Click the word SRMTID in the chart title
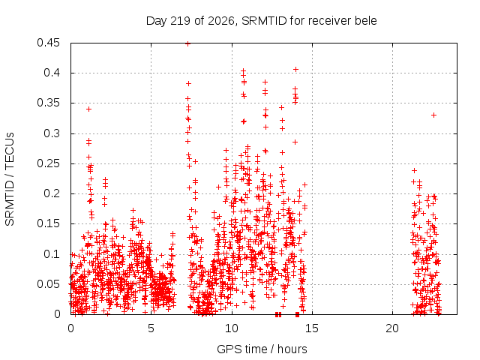pyautogui.click(x=264, y=21)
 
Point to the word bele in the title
pyautogui.click(x=365, y=21)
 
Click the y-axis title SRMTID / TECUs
pyautogui.click(x=10, y=179)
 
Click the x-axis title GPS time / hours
pyautogui.click(x=262, y=349)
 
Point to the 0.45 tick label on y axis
pyautogui.click(x=48, y=43)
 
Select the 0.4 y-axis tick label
pyautogui.click(x=52, y=73)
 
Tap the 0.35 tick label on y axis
pyautogui.click(x=48, y=103)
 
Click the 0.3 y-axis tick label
pyautogui.click(x=52, y=133)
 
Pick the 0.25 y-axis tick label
pyautogui.click(x=48, y=163)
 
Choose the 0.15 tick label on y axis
pyautogui.click(x=48, y=223)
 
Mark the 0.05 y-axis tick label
pyautogui.click(x=48, y=284)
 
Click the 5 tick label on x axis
pyautogui.click(x=151, y=328)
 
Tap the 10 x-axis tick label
pyautogui.click(x=232, y=328)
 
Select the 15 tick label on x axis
pyautogui.click(x=312, y=328)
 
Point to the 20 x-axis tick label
pyautogui.click(x=392, y=328)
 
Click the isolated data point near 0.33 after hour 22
pyautogui.click(x=433, y=115)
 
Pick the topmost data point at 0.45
pyautogui.click(x=188, y=43)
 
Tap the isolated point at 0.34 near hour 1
pyautogui.click(x=88, y=109)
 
